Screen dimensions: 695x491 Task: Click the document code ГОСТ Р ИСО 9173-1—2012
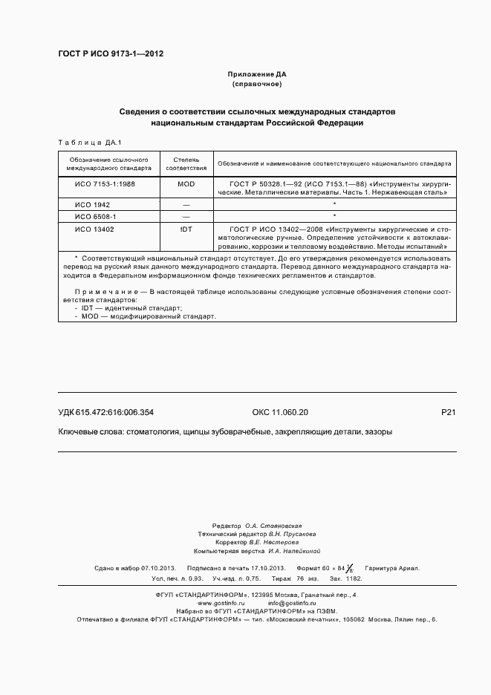pyautogui.click(x=111, y=54)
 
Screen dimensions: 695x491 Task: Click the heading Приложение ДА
pyautogui.click(x=256, y=75)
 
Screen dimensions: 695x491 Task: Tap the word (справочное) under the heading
pyautogui.click(x=256, y=85)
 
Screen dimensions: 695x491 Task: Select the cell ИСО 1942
pyautogui.click(x=93, y=204)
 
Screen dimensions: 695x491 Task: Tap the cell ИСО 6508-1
pyautogui.click(x=97, y=216)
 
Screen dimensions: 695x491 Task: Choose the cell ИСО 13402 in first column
pyautogui.click(x=95, y=229)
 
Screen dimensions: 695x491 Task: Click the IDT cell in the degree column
pyautogui.click(x=186, y=229)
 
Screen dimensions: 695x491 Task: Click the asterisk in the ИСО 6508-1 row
pyautogui.click(x=335, y=216)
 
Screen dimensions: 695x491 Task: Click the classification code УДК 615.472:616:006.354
pyautogui.click(x=105, y=413)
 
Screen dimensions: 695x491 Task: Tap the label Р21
pyautogui.click(x=448, y=413)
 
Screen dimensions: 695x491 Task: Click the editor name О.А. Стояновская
pyautogui.click(x=273, y=524)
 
